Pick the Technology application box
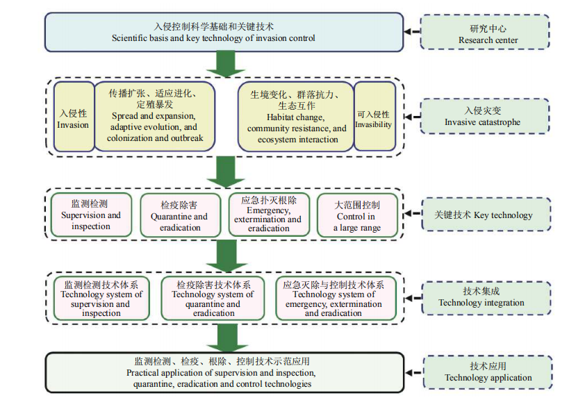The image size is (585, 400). click(487, 372)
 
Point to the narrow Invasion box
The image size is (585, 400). click(73, 117)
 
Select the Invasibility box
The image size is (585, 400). click(374, 117)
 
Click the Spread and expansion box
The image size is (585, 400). click(154, 117)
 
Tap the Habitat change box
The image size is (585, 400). click(296, 117)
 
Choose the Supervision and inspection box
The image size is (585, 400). click(90, 215)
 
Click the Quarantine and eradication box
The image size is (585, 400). click(180, 215)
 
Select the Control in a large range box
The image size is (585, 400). click(357, 215)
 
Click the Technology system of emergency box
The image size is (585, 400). click(333, 299)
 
